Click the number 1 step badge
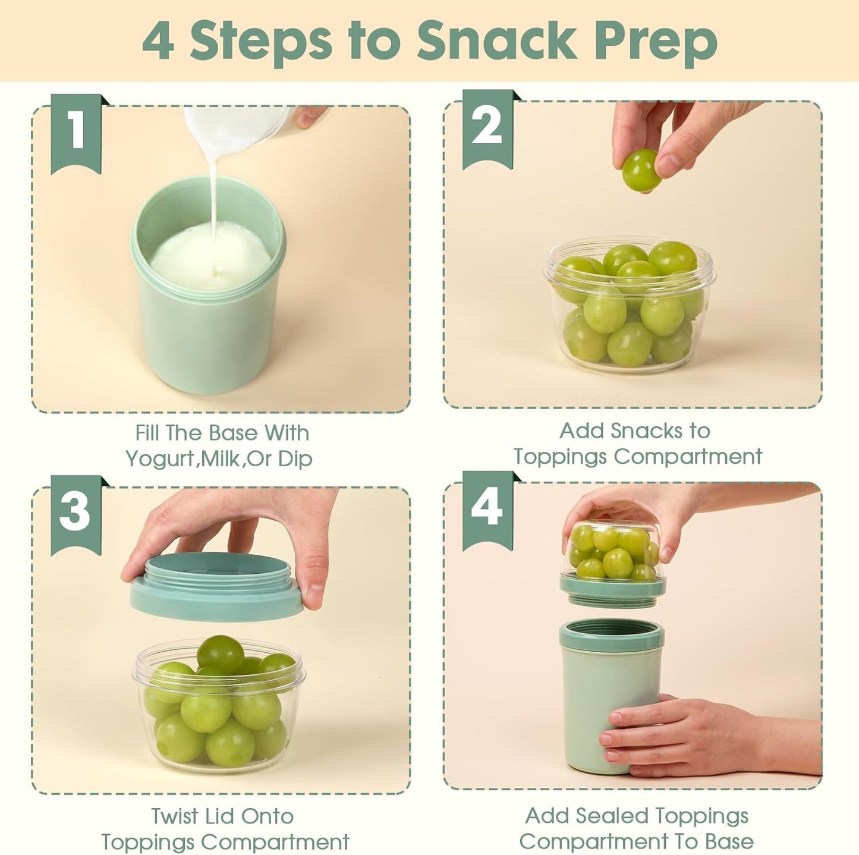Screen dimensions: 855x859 [76, 132]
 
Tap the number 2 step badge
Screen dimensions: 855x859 [487, 127]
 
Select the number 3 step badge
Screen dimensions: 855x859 [75, 513]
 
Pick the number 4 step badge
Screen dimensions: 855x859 [487, 508]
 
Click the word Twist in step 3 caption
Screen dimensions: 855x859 [174, 816]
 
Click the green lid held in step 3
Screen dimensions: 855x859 [214, 595]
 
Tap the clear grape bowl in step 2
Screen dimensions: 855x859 [629, 309]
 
